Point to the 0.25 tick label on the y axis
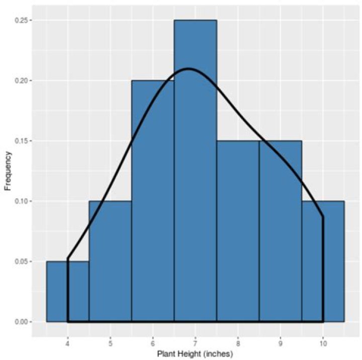(21, 21)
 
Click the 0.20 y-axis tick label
(21, 81)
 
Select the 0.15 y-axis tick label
(21, 141)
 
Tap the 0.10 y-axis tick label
(21, 201)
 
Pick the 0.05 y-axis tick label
(21, 262)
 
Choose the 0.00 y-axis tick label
(21, 322)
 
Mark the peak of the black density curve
(189, 68)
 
